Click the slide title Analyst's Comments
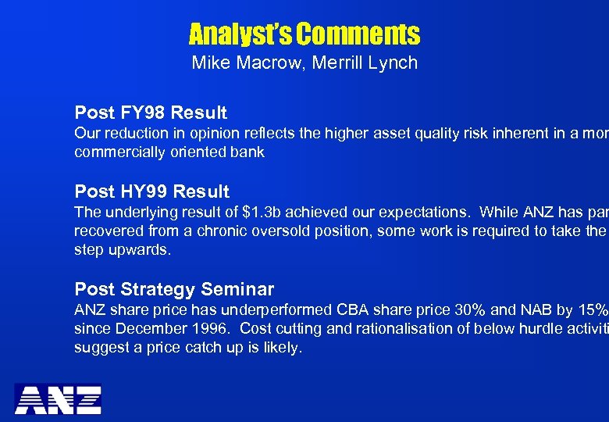304,34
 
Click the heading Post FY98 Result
151,113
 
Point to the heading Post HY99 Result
151,191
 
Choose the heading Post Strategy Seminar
174,290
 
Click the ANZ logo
59,399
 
